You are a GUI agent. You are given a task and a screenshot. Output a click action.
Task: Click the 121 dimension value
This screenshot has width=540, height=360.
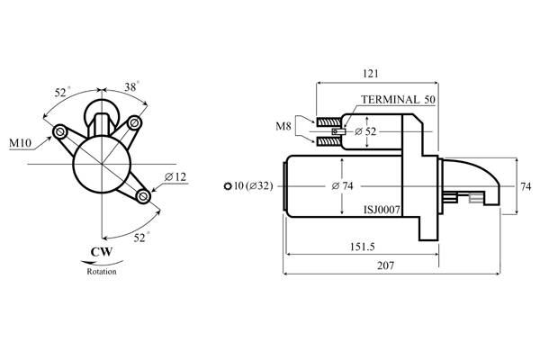371,74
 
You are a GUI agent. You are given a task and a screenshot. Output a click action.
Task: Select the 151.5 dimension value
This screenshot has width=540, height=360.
363,247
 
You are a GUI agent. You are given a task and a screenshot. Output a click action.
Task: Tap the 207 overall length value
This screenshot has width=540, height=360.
386,265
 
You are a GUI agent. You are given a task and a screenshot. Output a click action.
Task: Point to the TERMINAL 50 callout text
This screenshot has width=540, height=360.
398,100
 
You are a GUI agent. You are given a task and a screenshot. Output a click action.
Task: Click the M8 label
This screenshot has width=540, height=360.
283,126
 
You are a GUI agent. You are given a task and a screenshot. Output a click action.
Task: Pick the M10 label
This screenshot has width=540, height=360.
20,142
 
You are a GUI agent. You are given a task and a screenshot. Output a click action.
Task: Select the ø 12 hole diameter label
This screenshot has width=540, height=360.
175,177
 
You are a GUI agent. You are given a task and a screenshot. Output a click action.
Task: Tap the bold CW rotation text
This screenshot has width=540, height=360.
101,252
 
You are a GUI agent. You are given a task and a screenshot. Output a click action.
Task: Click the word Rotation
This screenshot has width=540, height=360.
102,272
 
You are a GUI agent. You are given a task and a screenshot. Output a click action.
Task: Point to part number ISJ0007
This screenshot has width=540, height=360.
382,210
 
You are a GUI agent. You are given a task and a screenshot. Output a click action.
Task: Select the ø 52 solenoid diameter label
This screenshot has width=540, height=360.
365,131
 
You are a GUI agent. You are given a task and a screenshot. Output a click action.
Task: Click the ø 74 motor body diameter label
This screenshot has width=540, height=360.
342,186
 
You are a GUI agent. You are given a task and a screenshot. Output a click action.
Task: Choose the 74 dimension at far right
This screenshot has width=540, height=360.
526,186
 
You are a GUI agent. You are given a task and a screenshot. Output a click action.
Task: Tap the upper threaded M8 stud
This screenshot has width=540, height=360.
328,122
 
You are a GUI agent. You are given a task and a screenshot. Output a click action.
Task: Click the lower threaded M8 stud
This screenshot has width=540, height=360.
328,140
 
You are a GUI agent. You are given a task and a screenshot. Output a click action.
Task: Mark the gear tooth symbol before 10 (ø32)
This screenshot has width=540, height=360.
228,186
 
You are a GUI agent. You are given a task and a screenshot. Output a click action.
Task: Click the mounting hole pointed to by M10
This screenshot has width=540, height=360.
60,131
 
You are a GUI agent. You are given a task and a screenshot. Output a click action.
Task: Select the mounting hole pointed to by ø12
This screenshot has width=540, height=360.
143,196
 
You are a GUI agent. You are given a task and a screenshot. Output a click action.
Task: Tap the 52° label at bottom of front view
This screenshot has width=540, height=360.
141,238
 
